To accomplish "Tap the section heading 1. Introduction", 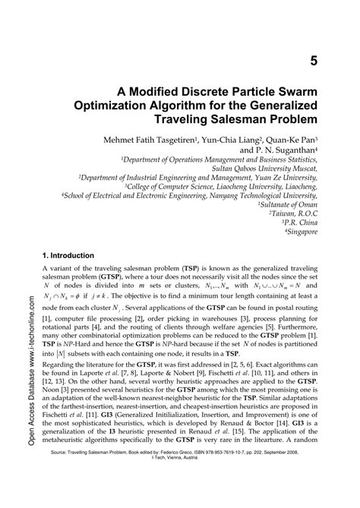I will click(x=68, y=256).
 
